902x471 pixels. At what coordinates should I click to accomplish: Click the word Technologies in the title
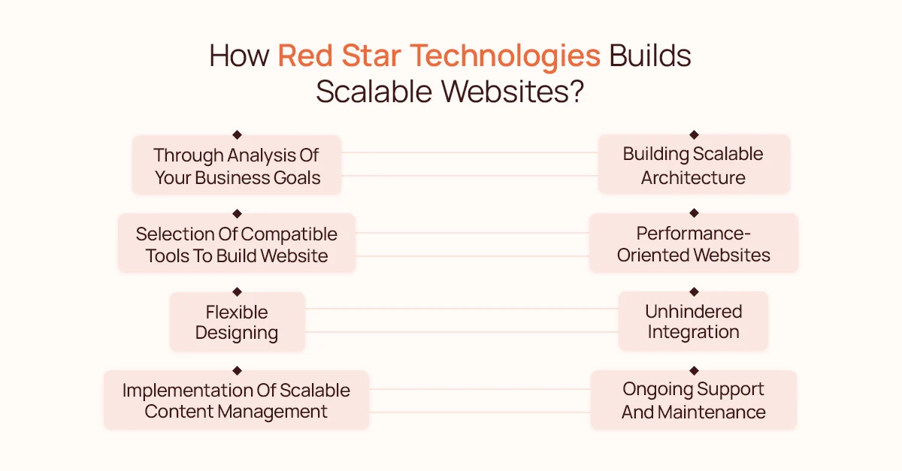click(505, 57)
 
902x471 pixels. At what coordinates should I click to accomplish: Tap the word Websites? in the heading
click(513, 92)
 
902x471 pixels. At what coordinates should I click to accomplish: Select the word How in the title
click(239, 56)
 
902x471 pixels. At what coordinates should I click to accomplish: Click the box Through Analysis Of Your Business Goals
click(237, 165)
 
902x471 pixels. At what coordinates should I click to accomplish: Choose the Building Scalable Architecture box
click(694, 165)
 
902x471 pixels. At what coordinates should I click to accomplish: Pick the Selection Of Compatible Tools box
click(237, 243)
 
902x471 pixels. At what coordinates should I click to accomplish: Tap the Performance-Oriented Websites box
click(693, 243)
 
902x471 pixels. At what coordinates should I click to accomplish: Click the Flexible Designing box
click(238, 322)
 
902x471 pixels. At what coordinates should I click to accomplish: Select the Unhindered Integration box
click(693, 322)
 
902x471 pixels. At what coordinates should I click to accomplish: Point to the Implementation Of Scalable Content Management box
click(236, 400)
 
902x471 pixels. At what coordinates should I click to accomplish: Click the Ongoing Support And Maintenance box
click(693, 400)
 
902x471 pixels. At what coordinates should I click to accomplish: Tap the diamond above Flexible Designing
click(238, 291)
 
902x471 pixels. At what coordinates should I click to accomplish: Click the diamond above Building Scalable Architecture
click(694, 134)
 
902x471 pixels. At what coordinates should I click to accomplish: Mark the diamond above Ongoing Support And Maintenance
click(694, 370)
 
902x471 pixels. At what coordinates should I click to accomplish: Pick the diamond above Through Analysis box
click(238, 135)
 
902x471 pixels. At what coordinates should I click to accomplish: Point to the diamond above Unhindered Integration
click(694, 291)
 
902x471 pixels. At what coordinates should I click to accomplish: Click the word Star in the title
click(371, 56)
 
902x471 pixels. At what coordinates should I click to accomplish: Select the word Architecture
click(693, 177)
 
